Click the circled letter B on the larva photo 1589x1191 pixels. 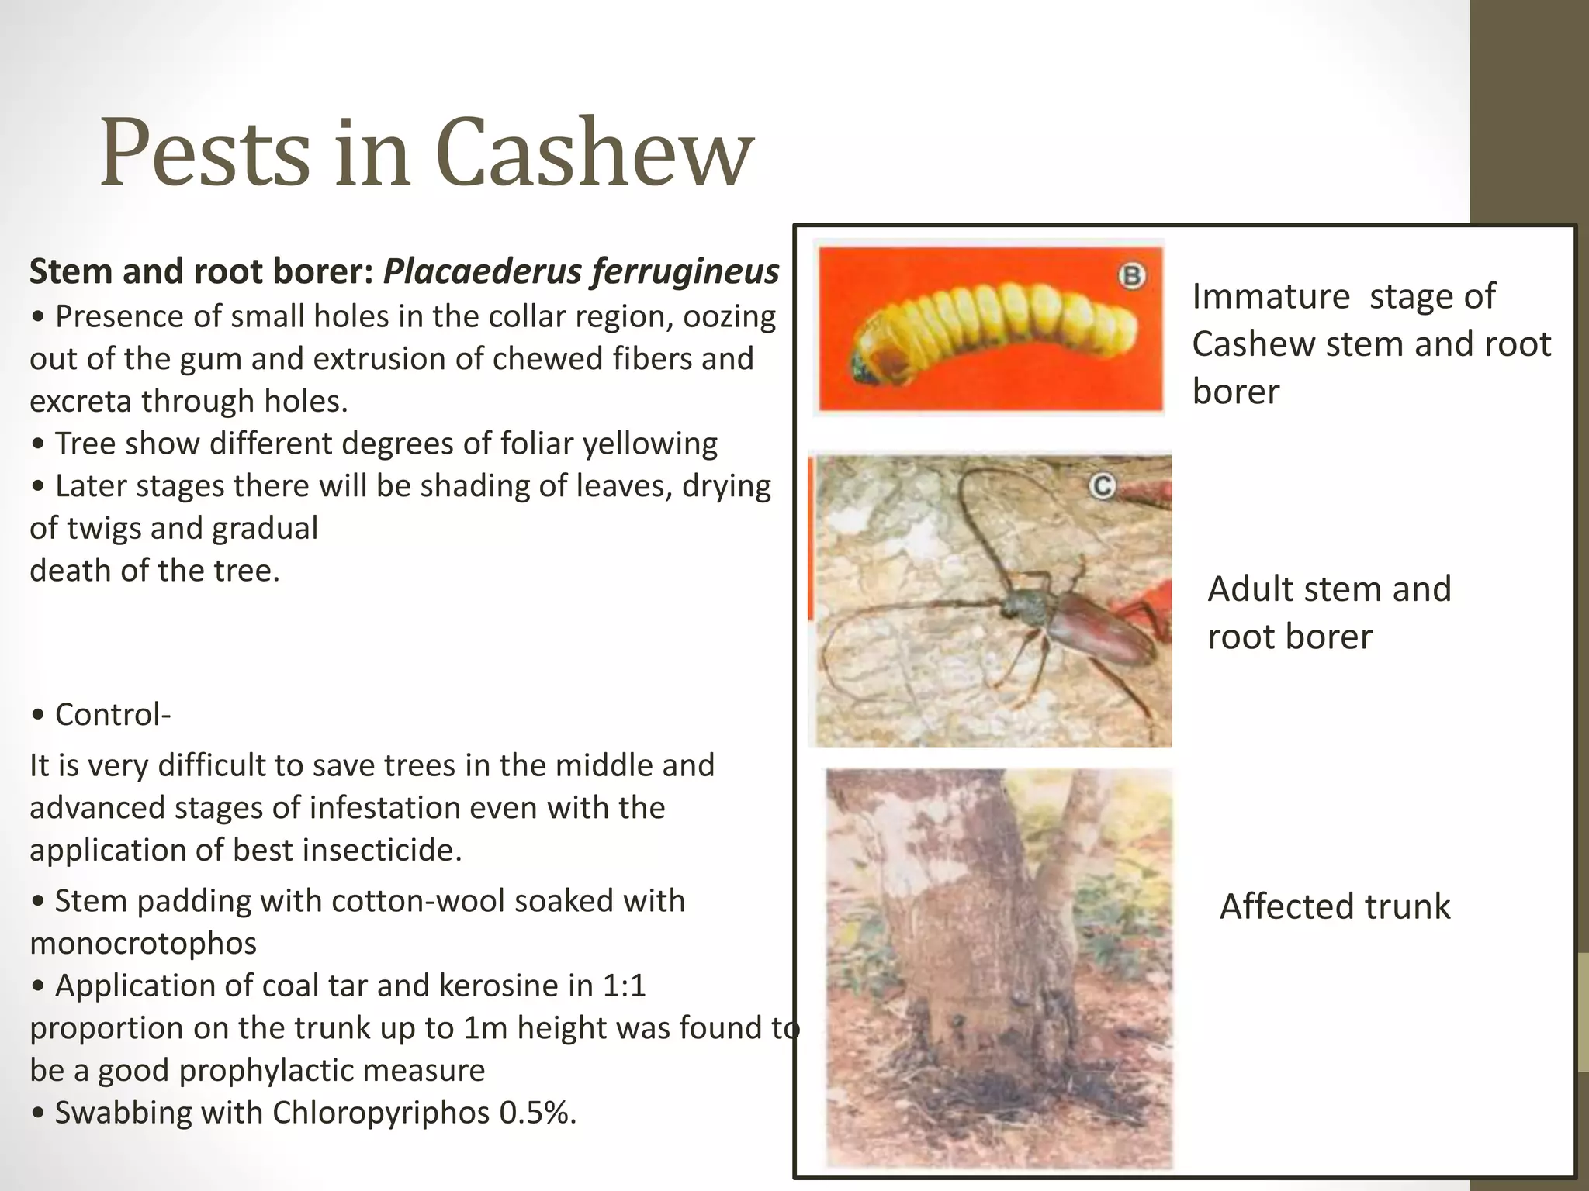pyautogui.click(x=1132, y=276)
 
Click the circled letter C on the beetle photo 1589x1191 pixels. pyautogui.click(x=1102, y=486)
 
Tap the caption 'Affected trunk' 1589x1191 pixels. pyautogui.click(x=1335, y=906)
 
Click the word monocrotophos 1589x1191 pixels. pyautogui.click(x=143, y=944)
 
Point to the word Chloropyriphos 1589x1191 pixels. pyautogui.click(x=380, y=1113)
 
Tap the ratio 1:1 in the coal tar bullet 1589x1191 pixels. pyautogui.click(x=624, y=986)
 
